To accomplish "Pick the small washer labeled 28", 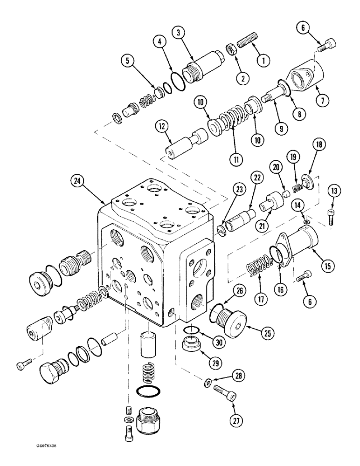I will (208, 384).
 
